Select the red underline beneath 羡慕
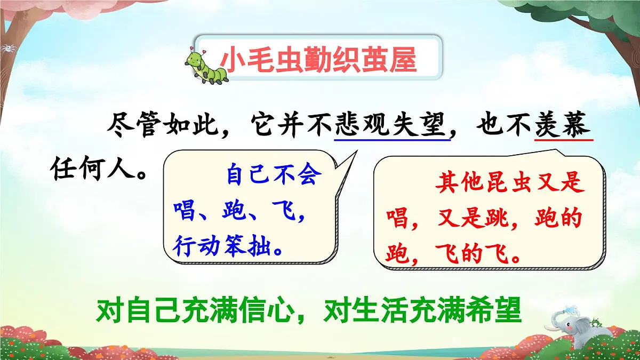tap(564, 140)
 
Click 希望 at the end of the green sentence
tap(496, 310)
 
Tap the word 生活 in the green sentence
tap(387, 310)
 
